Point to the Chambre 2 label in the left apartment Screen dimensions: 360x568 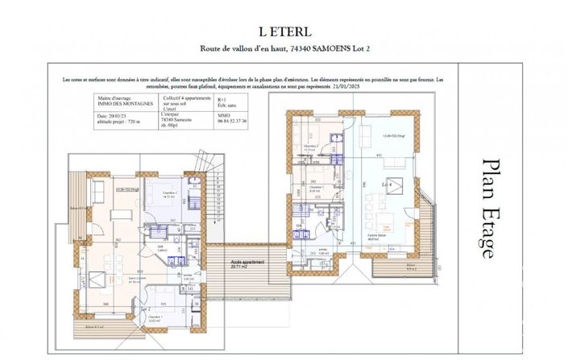[168, 194]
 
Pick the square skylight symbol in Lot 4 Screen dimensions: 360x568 [396, 161]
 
